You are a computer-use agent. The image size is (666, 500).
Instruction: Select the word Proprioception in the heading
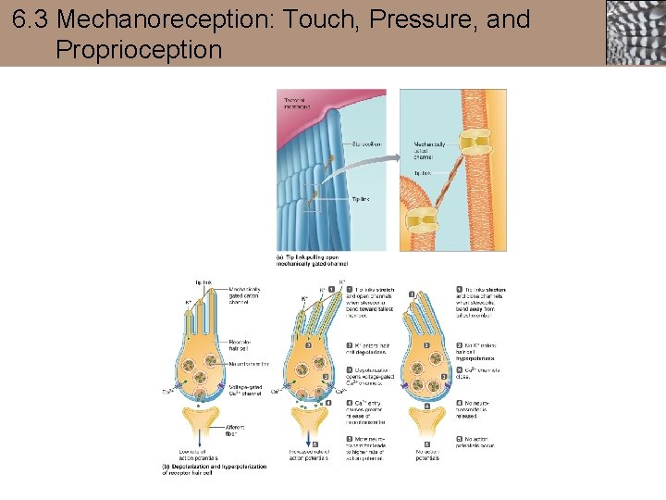click(139, 48)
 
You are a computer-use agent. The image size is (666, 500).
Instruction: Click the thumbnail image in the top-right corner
click(635, 32)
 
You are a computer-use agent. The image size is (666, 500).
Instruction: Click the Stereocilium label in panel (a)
click(365, 144)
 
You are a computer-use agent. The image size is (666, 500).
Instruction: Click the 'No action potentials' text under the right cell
click(427, 453)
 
